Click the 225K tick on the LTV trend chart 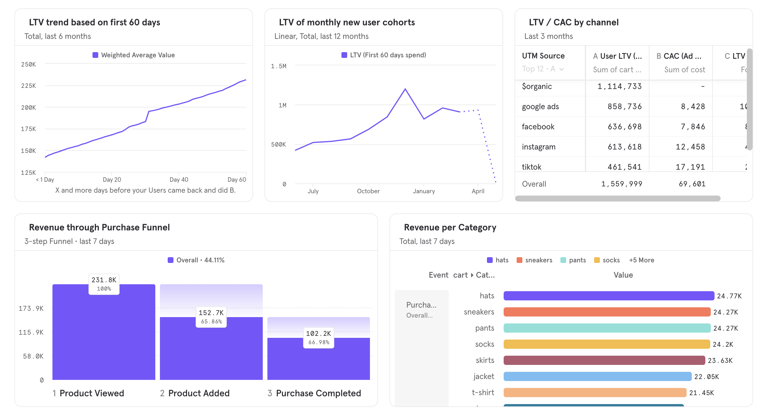(x=28, y=86)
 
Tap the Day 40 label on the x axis (x=179, y=179)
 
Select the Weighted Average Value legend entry (x=134, y=55)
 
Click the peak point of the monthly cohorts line (x=405, y=89)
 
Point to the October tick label (x=368, y=191)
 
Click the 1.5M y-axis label (x=278, y=66)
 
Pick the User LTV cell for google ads (x=624, y=107)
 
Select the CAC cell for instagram (x=690, y=147)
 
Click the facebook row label (x=538, y=127)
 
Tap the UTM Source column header (x=543, y=56)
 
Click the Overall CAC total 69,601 (x=692, y=184)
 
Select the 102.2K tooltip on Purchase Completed (x=318, y=338)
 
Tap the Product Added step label (x=199, y=393)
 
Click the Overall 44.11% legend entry (x=196, y=260)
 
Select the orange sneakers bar (x=607, y=312)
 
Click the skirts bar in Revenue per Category (x=604, y=360)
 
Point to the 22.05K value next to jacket (x=706, y=377)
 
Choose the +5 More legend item (x=641, y=260)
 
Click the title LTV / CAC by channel (x=573, y=22)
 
